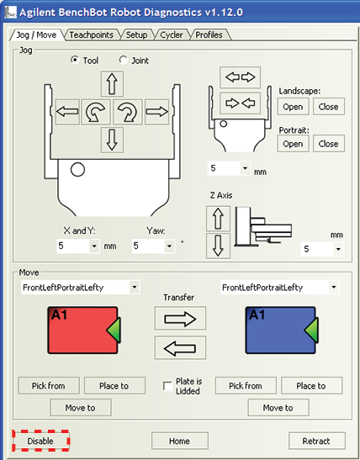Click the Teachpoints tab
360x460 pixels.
[91, 35]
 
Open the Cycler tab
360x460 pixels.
[172, 35]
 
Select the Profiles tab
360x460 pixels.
[209, 35]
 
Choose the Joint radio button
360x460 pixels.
[124, 60]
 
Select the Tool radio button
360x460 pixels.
[75, 60]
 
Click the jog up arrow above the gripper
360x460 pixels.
[112, 83]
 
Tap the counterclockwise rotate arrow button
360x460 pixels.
[96, 112]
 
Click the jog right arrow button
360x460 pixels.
[157, 112]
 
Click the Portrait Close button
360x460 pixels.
[329, 144]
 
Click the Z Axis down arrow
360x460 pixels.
[218, 246]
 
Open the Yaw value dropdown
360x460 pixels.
[169, 246]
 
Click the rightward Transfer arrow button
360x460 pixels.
[180, 319]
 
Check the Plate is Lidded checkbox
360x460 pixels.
[167, 386]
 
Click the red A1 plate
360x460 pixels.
[82, 330]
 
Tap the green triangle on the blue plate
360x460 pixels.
[311, 330]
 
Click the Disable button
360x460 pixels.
[40, 441]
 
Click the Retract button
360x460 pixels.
[316, 441]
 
